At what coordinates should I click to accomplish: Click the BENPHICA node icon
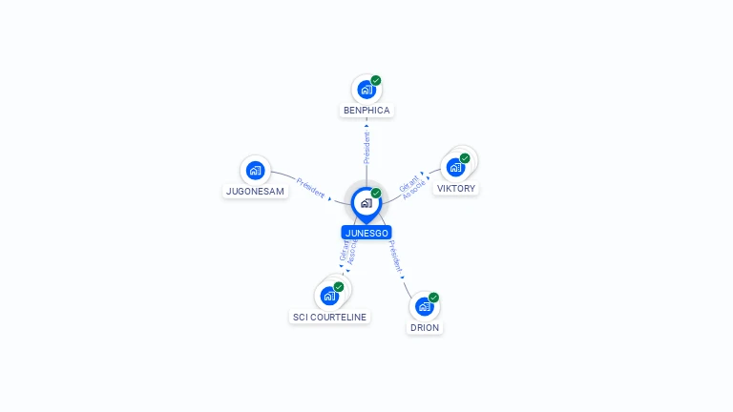click(366, 90)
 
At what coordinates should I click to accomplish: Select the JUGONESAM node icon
click(255, 171)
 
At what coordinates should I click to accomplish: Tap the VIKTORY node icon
click(455, 167)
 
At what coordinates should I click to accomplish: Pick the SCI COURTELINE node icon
click(329, 296)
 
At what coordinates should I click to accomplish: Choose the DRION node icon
click(424, 307)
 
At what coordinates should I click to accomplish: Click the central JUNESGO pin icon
click(366, 203)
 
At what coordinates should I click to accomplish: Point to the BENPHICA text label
click(366, 111)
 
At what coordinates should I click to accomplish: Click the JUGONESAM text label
click(255, 191)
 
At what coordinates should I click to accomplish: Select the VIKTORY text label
click(456, 189)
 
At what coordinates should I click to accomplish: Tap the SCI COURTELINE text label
click(329, 317)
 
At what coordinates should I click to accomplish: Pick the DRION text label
click(425, 327)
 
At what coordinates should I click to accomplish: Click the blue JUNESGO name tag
click(366, 232)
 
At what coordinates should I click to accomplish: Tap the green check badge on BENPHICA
click(376, 81)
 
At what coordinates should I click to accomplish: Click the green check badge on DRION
click(433, 298)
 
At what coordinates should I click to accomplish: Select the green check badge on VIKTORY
click(465, 158)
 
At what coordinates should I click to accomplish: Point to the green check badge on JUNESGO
click(376, 194)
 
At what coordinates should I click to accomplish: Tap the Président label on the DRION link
click(396, 257)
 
